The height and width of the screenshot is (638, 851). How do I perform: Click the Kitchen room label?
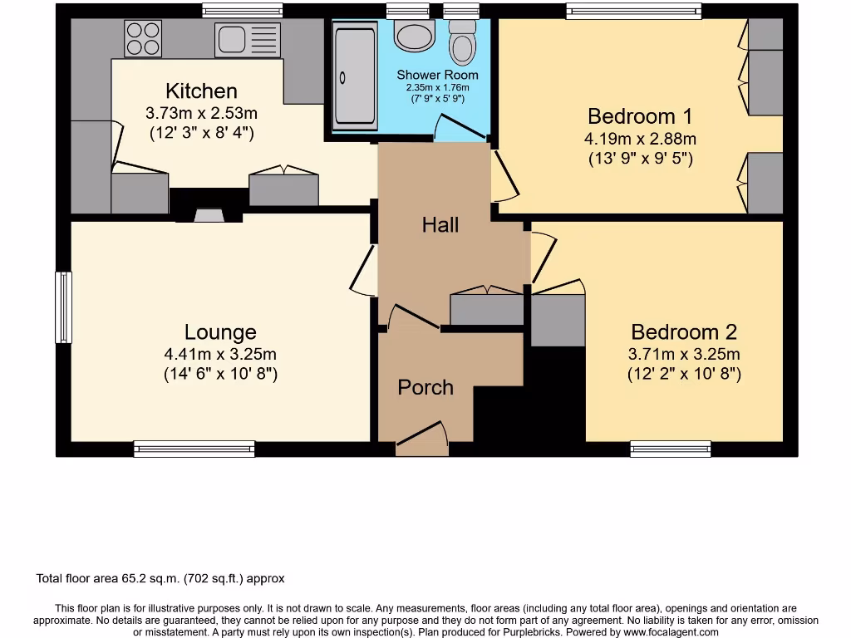(201, 91)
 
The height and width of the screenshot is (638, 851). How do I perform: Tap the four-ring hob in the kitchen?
(142, 38)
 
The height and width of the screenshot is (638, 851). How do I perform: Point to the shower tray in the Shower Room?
(355, 76)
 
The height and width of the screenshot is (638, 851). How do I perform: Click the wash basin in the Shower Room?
(415, 36)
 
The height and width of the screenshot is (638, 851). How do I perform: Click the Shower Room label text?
(437, 75)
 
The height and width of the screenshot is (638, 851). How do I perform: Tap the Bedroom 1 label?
(639, 115)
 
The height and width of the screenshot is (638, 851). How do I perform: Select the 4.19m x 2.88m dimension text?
(640, 138)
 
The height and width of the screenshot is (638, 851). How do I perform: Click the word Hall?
(440, 224)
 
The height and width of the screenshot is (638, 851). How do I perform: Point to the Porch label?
(425, 387)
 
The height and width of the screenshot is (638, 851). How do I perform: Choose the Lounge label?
(220, 332)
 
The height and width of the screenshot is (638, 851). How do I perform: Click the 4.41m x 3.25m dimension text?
(220, 355)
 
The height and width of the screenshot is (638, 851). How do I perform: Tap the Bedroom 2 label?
(684, 332)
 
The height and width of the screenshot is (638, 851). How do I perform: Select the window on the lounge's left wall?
(63, 307)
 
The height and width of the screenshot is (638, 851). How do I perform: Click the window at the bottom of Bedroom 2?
(670, 449)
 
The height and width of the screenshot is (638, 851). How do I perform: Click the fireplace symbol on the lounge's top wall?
(208, 216)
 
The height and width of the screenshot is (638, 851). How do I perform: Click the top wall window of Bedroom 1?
(633, 11)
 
